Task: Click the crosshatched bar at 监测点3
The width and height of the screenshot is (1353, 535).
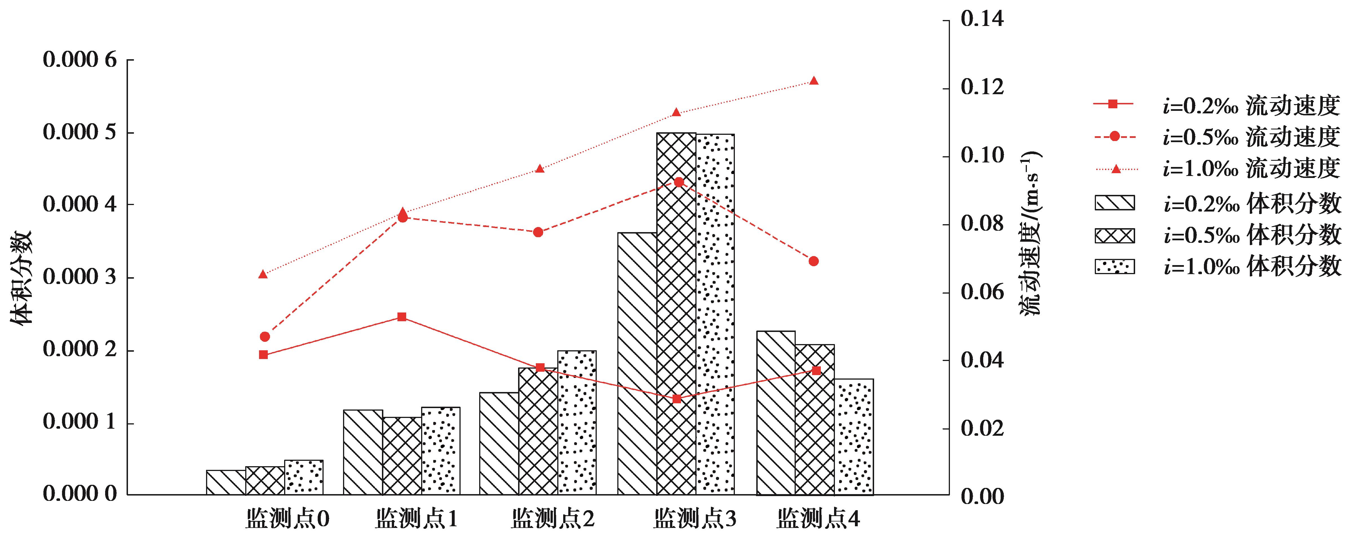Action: click(x=676, y=314)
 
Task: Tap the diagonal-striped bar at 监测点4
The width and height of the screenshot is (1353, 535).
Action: click(x=776, y=413)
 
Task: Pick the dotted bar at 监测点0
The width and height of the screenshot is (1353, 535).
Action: click(x=304, y=477)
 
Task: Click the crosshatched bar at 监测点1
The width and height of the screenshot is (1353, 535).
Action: click(x=402, y=456)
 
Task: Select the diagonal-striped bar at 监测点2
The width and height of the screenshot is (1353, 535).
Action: click(x=499, y=444)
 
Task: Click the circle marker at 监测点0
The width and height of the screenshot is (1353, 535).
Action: click(x=265, y=336)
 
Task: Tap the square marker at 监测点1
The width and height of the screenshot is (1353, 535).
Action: click(x=402, y=317)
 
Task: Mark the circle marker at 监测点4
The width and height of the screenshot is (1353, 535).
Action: click(x=813, y=261)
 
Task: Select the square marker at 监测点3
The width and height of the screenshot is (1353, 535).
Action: click(x=676, y=399)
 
